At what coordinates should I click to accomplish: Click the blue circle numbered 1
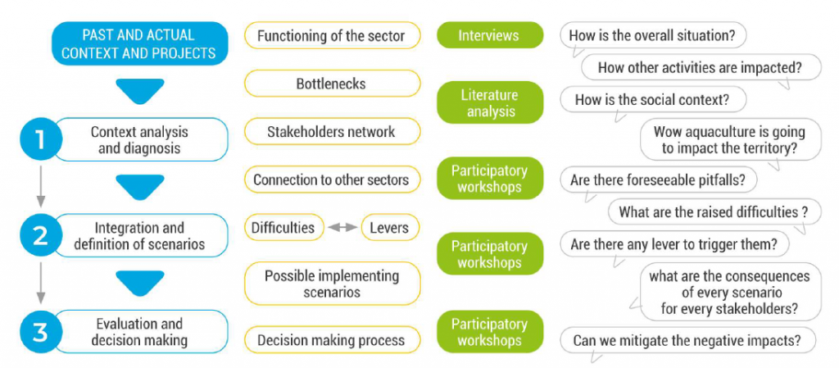42,139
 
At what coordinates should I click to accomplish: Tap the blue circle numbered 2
42,236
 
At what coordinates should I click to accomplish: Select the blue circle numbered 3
42,332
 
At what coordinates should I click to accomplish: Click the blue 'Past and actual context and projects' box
139,44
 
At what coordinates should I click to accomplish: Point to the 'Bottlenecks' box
332,84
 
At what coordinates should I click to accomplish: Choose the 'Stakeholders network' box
332,132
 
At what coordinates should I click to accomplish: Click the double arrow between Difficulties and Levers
343,227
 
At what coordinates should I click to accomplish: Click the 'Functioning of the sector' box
332,35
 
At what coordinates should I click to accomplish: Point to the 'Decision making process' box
332,340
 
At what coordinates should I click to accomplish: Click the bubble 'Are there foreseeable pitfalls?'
658,180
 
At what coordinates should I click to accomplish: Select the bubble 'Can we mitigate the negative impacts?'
687,341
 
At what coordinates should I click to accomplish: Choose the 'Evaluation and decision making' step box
139,332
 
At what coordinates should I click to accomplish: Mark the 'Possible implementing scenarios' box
332,284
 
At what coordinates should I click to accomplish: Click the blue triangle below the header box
139,91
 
